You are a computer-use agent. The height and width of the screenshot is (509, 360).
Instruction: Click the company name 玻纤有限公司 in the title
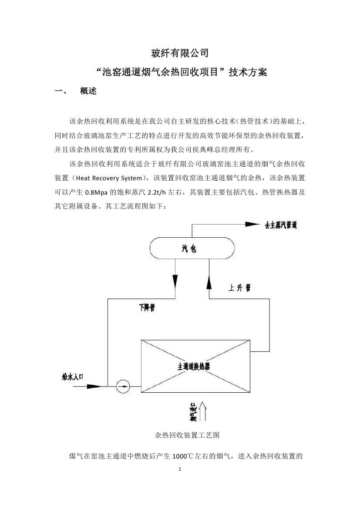pos(180,54)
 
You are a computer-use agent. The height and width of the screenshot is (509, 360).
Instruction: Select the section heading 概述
pos(88,91)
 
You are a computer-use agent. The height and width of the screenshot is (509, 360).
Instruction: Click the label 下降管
pos(147,308)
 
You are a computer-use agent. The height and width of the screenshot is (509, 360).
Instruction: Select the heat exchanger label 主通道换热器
pos(194,366)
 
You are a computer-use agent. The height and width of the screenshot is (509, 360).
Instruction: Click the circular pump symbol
pos(123,386)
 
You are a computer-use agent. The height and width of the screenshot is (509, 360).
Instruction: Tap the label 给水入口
pos(73,377)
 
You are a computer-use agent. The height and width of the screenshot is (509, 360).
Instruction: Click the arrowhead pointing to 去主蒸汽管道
pos(252,224)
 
